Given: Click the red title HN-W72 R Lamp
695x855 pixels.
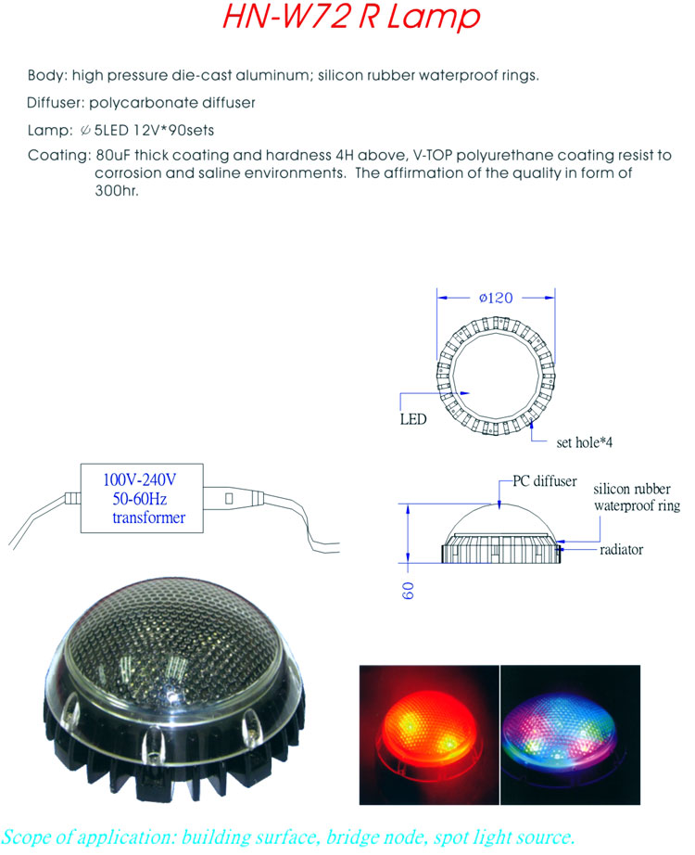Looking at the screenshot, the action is pyautogui.click(x=351, y=17).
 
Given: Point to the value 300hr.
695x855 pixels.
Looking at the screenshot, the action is pyautogui.click(x=117, y=190).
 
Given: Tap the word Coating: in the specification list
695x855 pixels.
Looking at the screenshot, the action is pyautogui.click(x=59, y=156).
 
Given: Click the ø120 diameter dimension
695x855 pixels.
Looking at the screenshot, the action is pyautogui.click(x=496, y=298).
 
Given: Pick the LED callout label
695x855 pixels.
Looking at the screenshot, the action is pyautogui.click(x=413, y=419).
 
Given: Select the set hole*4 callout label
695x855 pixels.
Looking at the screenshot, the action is pyautogui.click(x=585, y=442).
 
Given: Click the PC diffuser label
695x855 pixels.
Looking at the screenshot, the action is pyautogui.click(x=545, y=481).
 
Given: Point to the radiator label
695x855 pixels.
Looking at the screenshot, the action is pyautogui.click(x=622, y=550).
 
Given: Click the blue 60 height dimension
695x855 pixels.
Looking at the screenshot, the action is pyautogui.click(x=409, y=591).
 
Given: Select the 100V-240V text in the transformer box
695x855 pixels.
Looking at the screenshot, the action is pyautogui.click(x=140, y=479).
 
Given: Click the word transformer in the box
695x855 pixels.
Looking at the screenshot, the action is pyautogui.click(x=149, y=517).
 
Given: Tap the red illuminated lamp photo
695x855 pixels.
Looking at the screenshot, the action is pyautogui.click(x=429, y=734).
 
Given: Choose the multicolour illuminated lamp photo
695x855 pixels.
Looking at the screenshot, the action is pyautogui.click(x=570, y=734).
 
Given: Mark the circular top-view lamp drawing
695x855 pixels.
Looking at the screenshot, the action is pyautogui.click(x=496, y=376).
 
